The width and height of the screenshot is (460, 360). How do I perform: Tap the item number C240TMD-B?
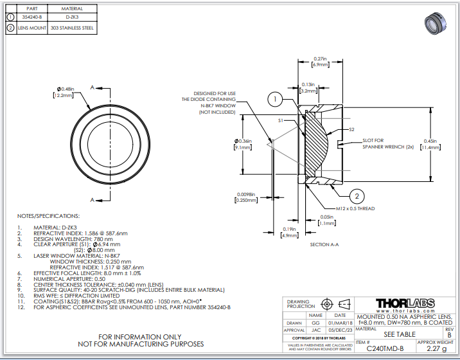pos(385,348)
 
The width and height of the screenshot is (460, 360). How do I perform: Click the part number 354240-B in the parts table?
pos(31,17)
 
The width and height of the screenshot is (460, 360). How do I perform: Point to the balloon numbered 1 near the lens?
pos(274,99)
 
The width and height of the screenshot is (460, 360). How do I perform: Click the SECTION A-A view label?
pos(328,244)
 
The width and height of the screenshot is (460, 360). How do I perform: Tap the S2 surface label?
pos(351,129)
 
